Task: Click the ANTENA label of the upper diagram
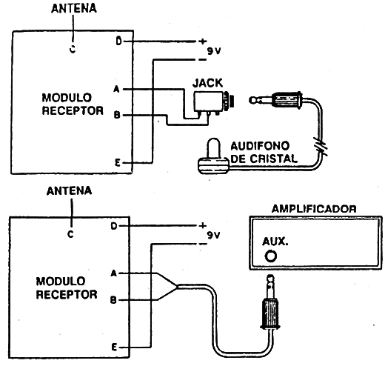click(x=74, y=8)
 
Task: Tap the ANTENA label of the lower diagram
click(x=69, y=191)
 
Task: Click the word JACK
click(x=207, y=83)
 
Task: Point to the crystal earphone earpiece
click(x=213, y=158)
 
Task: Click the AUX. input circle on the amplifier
click(x=270, y=256)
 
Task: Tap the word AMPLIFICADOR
click(x=314, y=209)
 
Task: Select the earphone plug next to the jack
click(x=276, y=99)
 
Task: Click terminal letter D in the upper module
click(x=119, y=41)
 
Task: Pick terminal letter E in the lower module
click(x=114, y=348)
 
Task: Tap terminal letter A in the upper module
click(x=116, y=89)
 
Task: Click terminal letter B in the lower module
click(x=113, y=300)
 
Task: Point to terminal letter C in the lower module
click(x=70, y=234)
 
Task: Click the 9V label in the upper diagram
click(x=214, y=51)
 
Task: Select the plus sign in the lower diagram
click(x=203, y=225)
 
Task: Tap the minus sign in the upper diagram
click(x=202, y=59)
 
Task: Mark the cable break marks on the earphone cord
click(x=321, y=147)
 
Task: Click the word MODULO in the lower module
click(x=61, y=281)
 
